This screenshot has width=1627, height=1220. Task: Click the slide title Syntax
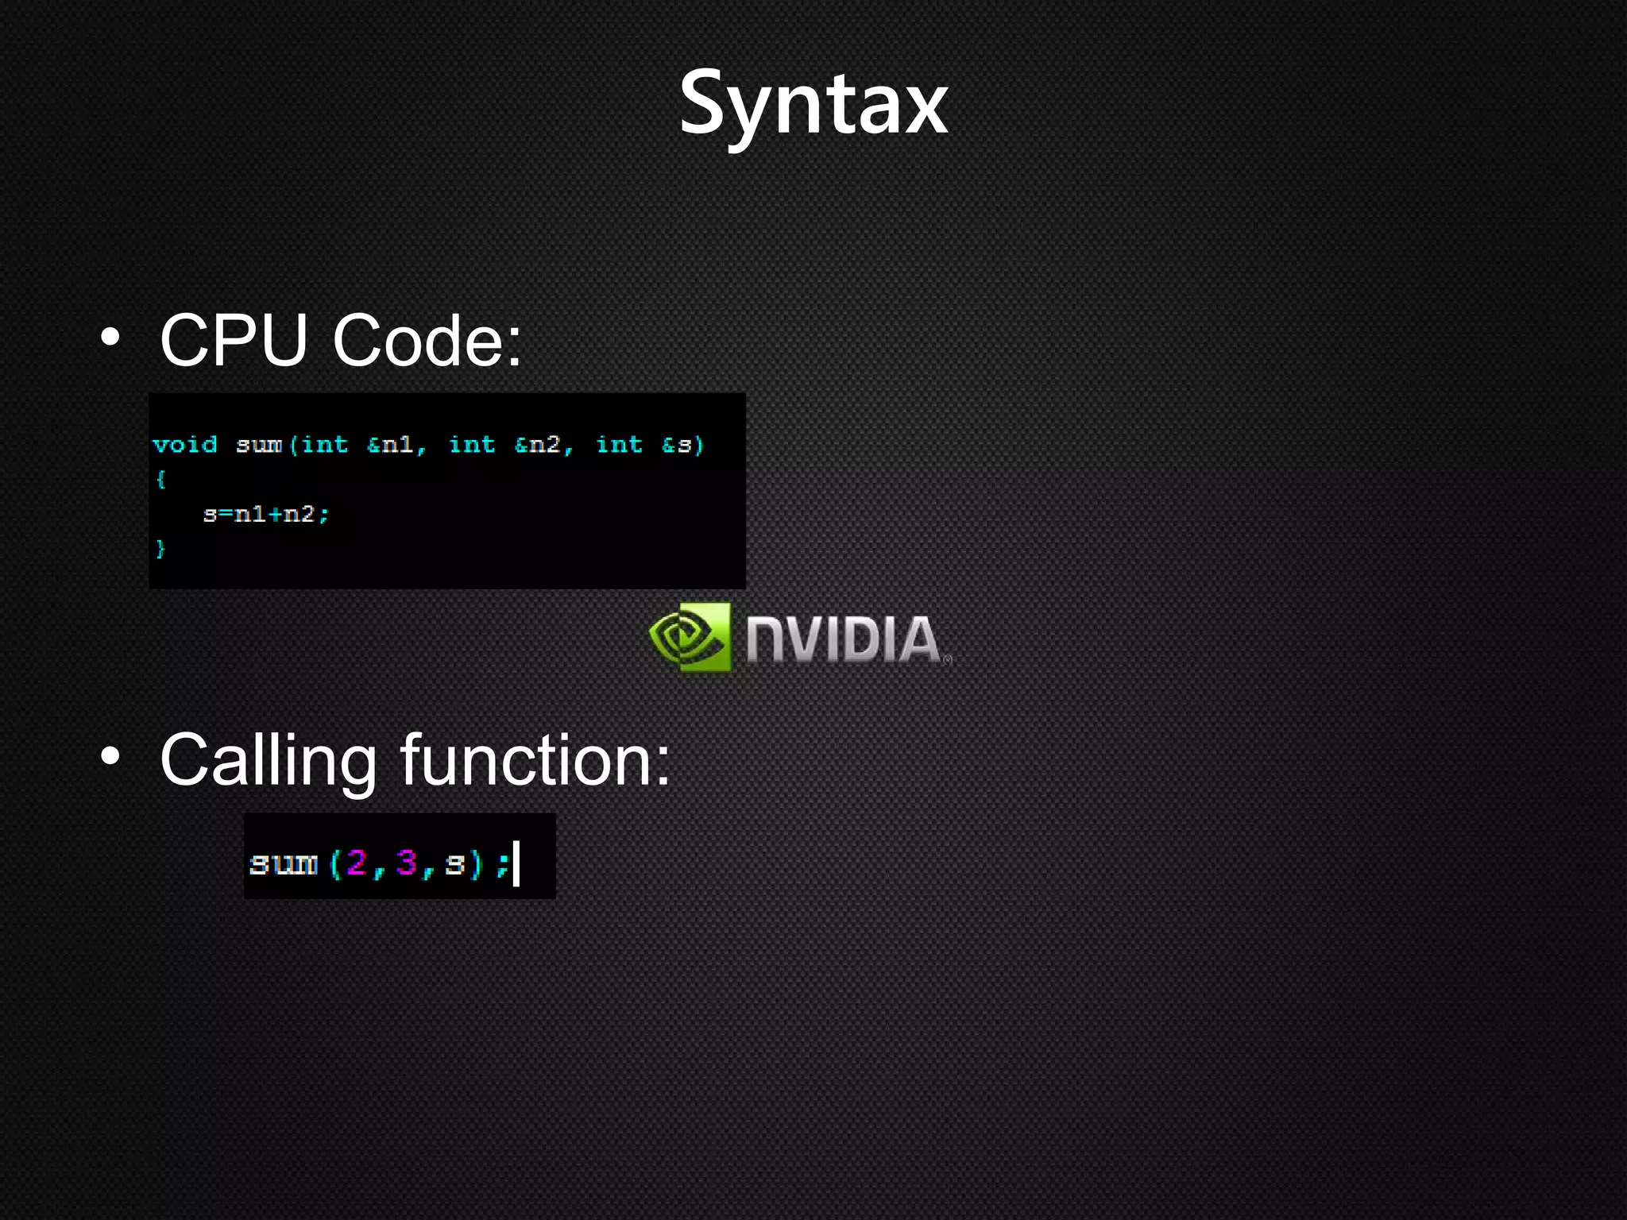pyautogui.click(x=813, y=103)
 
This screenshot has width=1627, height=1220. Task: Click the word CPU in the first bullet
pyautogui.click(x=234, y=340)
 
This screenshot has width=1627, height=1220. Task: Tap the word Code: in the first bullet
pyautogui.click(x=427, y=340)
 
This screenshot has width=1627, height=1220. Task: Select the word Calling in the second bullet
pyautogui.click(x=268, y=761)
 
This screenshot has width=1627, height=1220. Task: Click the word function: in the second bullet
pyautogui.click(x=535, y=761)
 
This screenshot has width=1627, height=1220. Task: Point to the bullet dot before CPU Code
pyautogui.click(x=110, y=338)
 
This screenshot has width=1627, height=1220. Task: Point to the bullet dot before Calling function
pyautogui.click(x=110, y=757)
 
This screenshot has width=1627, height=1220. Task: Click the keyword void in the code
pyautogui.click(x=184, y=444)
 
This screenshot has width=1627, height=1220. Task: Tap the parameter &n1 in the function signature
pyautogui.click(x=395, y=444)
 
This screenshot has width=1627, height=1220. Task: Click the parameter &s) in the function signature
pyautogui.click(x=682, y=444)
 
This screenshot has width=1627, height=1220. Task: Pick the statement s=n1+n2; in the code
pyautogui.click(x=265, y=515)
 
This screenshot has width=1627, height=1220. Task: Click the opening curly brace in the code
pyautogui.click(x=160, y=479)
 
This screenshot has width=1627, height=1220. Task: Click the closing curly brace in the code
pyautogui.click(x=160, y=548)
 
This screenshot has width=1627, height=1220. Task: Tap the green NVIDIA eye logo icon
pyautogui.click(x=689, y=637)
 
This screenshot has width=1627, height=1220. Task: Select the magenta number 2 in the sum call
pyautogui.click(x=357, y=863)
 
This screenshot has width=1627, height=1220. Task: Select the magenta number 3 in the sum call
pyautogui.click(x=406, y=863)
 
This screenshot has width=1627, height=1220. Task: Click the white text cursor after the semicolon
pyautogui.click(x=516, y=864)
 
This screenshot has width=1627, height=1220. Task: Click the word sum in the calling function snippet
pyautogui.click(x=283, y=863)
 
